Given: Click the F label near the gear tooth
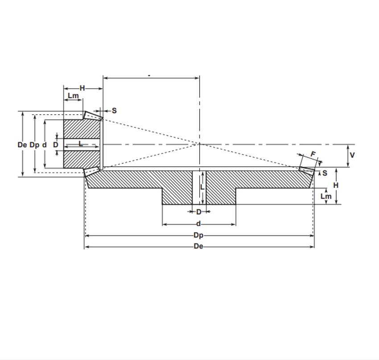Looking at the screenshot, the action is point(313,154).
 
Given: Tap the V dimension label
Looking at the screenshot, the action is point(352,155).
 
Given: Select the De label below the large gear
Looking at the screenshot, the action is point(198,246).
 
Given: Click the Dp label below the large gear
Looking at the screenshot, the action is point(198,235).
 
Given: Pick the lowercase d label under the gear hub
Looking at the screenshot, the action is point(198,224).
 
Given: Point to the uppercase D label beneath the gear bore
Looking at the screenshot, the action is point(199,212).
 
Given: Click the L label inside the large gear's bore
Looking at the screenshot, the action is point(202,187).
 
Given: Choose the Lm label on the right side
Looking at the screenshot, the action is point(326,196).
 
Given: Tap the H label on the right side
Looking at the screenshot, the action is point(336,186).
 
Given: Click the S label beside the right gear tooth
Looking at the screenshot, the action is point(325,173).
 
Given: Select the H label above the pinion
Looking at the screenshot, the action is point(82,88).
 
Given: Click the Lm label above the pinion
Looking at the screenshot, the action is point(73,96).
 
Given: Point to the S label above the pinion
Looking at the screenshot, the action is point(114,111).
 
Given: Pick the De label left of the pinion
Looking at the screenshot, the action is point(22,145).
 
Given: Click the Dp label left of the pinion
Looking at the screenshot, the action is point(34,145).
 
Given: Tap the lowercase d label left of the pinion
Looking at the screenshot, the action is point(45,145).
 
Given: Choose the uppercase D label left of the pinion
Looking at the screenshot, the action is point(56,145).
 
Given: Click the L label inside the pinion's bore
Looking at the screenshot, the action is point(81,144).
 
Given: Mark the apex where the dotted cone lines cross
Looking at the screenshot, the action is point(199,144).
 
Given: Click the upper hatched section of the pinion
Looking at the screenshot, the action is point(82,129).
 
